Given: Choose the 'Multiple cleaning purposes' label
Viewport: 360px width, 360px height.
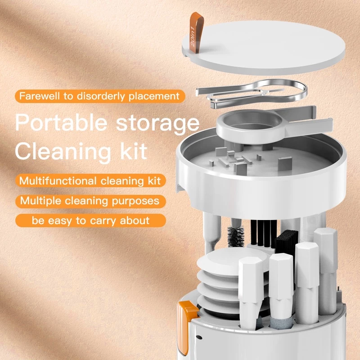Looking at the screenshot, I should point(90,201).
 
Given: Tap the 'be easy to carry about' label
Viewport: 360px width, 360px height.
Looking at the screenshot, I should point(90,220).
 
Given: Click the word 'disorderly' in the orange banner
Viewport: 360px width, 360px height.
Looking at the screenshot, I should point(108,96).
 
